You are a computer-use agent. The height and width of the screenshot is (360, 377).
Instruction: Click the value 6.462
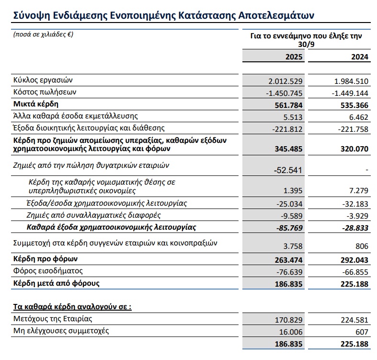coord(359,116)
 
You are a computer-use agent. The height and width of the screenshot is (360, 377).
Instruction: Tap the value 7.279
coord(359,191)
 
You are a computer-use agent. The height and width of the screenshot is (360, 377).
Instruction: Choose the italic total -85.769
coord(289,227)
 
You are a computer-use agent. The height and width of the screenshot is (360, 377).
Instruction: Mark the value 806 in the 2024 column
coord(363,246)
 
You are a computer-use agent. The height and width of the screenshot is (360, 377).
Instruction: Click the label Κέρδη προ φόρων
coord(43,259)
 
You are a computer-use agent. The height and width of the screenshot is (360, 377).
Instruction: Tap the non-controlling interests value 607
coord(363,332)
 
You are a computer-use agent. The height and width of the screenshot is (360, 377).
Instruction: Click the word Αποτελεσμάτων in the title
coord(272,15)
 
